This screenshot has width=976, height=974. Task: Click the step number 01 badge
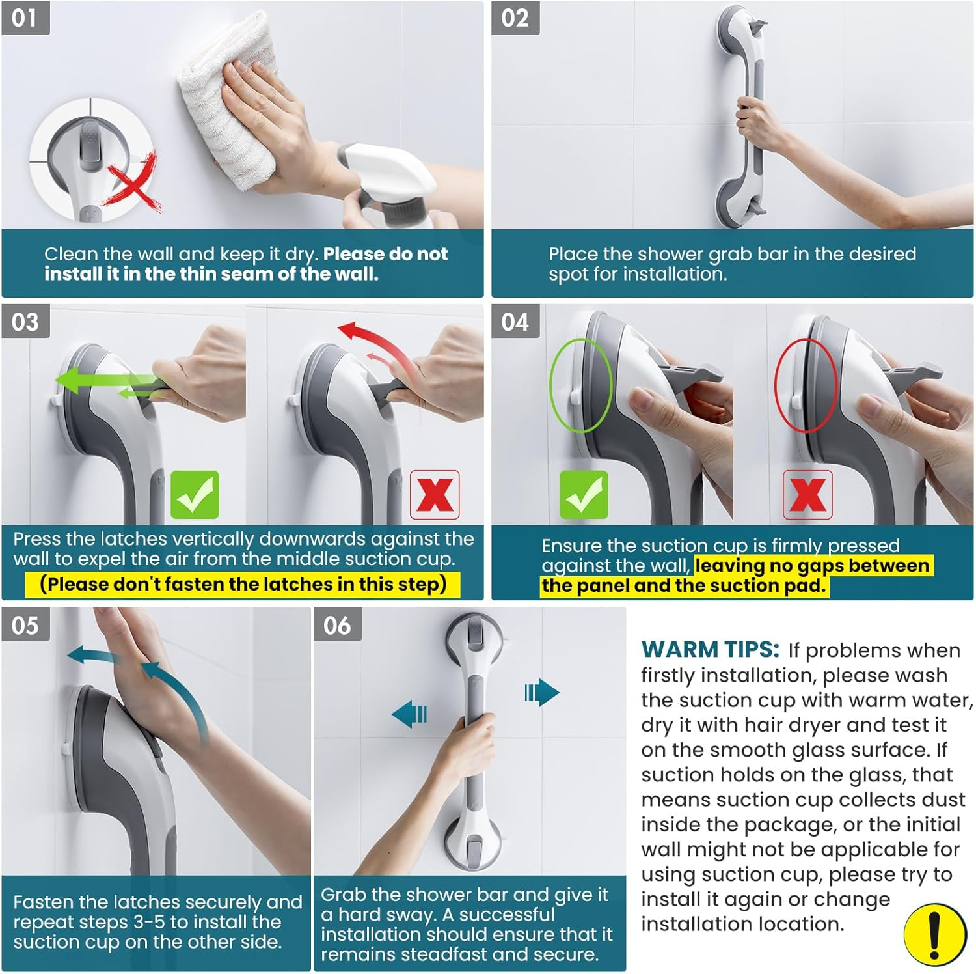(x=25, y=18)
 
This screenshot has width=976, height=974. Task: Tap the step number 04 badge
(x=515, y=322)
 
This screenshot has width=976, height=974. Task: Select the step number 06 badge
(x=337, y=625)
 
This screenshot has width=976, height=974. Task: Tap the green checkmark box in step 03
(x=195, y=495)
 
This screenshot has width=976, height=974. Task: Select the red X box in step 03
(x=435, y=495)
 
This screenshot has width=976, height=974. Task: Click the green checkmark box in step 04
(x=584, y=495)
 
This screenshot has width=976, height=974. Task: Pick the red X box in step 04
(x=807, y=495)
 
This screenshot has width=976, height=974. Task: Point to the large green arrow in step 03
(x=98, y=380)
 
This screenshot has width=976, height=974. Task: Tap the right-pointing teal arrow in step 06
(x=541, y=693)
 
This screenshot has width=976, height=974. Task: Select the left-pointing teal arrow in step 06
(x=410, y=714)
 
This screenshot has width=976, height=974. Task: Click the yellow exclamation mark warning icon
(x=935, y=936)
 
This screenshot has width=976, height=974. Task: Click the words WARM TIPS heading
(x=710, y=649)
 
